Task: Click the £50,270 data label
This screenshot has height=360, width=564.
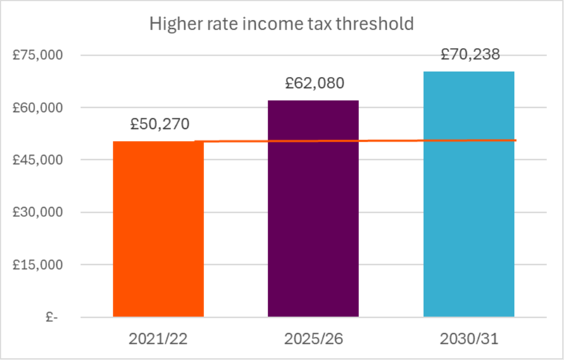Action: click(158, 125)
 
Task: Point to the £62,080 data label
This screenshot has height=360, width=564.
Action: click(315, 84)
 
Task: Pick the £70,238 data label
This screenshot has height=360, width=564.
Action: click(470, 54)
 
